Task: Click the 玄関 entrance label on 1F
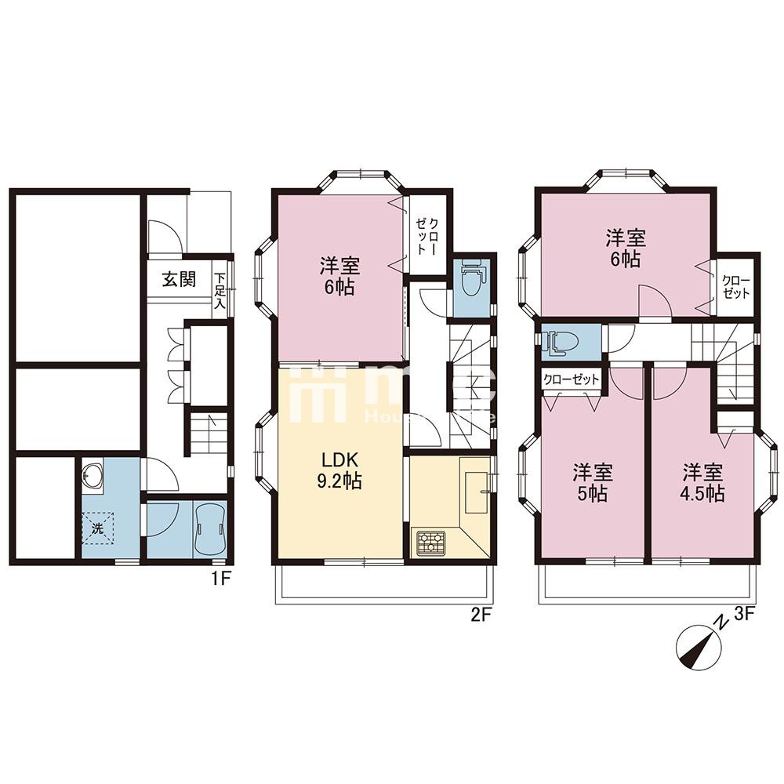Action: click(179, 280)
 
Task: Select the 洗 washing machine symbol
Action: click(98, 528)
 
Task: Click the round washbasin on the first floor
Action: click(93, 476)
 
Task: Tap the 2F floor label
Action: click(480, 615)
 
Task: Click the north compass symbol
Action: click(699, 649)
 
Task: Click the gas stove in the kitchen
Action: click(430, 542)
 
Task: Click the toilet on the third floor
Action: click(562, 340)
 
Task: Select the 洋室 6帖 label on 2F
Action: click(336, 276)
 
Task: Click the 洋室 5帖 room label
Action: click(592, 484)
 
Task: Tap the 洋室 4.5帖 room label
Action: click(702, 484)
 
